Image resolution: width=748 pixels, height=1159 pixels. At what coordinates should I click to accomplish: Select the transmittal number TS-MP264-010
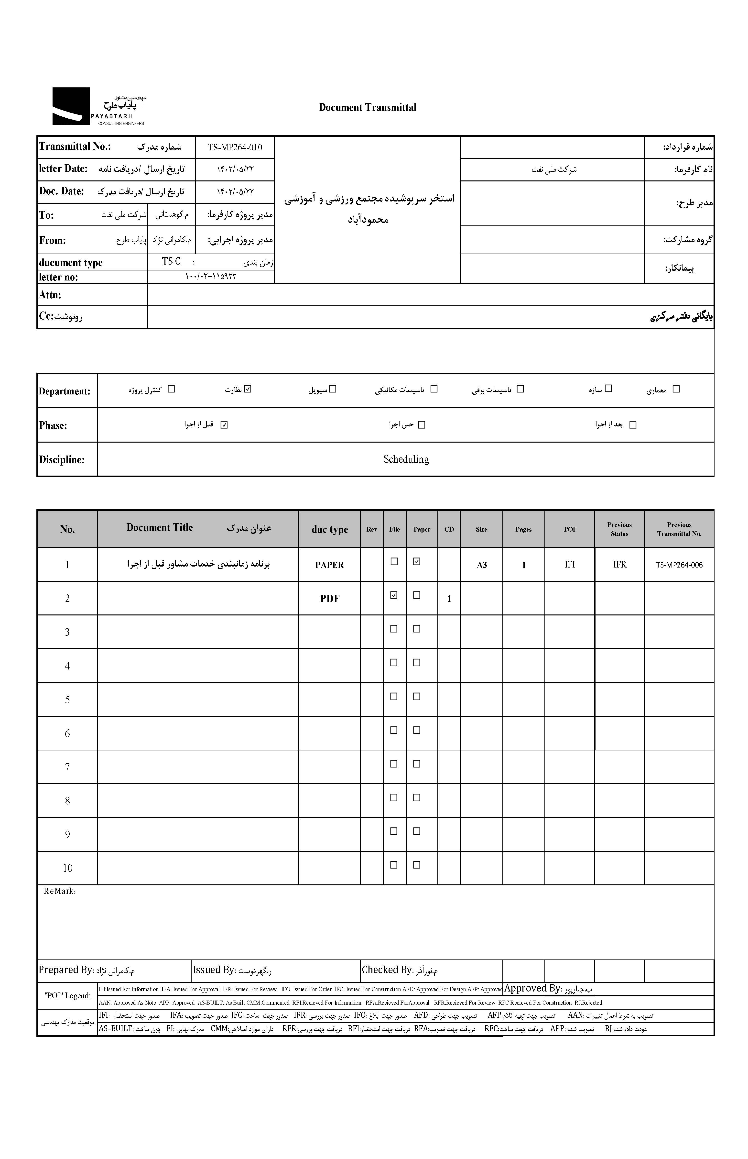pos(235,147)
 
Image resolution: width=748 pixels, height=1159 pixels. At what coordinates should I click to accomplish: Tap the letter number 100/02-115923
pos(211,277)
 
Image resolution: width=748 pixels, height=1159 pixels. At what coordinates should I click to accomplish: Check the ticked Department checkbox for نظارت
pos(248,389)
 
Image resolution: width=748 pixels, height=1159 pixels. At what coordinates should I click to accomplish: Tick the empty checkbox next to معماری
pos(676,389)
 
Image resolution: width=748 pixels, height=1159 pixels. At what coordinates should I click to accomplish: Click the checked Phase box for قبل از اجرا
pos(224,425)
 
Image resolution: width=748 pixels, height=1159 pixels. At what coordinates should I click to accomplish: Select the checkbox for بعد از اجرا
pos(632,425)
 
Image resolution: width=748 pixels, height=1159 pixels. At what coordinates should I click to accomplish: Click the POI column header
pos(569,529)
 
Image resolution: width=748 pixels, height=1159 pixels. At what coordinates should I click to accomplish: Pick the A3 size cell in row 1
pos(481,565)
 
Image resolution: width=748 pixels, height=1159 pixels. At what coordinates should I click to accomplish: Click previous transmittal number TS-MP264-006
pos(679,565)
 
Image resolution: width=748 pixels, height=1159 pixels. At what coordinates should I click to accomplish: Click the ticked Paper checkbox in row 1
pos(416,561)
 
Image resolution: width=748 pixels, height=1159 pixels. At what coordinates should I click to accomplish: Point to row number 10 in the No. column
pos(67,868)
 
